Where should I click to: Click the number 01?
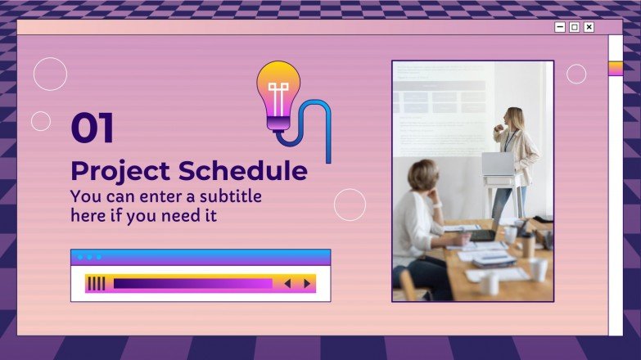[92, 128]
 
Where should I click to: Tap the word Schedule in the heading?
[243, 171]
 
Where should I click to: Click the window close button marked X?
[589, 27]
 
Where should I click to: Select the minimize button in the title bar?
[560, 27]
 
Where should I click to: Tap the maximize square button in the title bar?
[574, 27]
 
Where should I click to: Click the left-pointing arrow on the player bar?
[287, 284]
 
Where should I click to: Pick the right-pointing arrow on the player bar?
[307, 284]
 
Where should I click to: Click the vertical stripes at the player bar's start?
[97, 284]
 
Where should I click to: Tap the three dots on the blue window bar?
[88, 257]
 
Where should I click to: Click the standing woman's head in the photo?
[514, 119]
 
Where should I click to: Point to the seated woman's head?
[423, 175]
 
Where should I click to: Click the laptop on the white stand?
[498, 164]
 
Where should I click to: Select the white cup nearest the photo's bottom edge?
[490, 283]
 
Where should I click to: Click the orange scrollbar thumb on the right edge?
[615, 68]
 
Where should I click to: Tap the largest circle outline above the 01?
[50, 74]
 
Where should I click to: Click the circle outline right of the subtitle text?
[350, 205]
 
